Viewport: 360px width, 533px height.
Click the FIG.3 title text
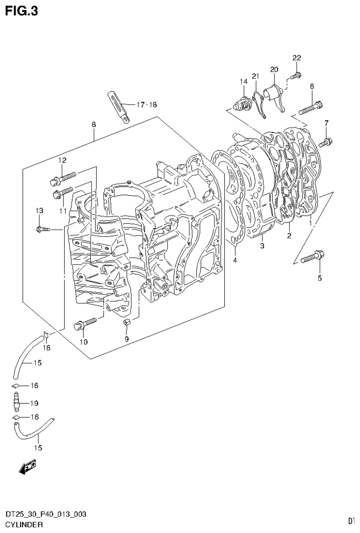[22, 10]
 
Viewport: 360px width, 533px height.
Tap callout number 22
[297, 58]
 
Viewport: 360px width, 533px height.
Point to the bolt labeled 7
[326, 141]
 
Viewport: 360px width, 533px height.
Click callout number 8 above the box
[94, 125]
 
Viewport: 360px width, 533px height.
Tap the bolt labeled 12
[62, 177]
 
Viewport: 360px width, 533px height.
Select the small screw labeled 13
[42, 229]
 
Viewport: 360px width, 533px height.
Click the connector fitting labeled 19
[16, 402]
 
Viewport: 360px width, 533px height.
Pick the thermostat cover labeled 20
[275, 93]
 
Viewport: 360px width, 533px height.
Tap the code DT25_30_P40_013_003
[46, 515]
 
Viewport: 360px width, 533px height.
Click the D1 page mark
[351, 521]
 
